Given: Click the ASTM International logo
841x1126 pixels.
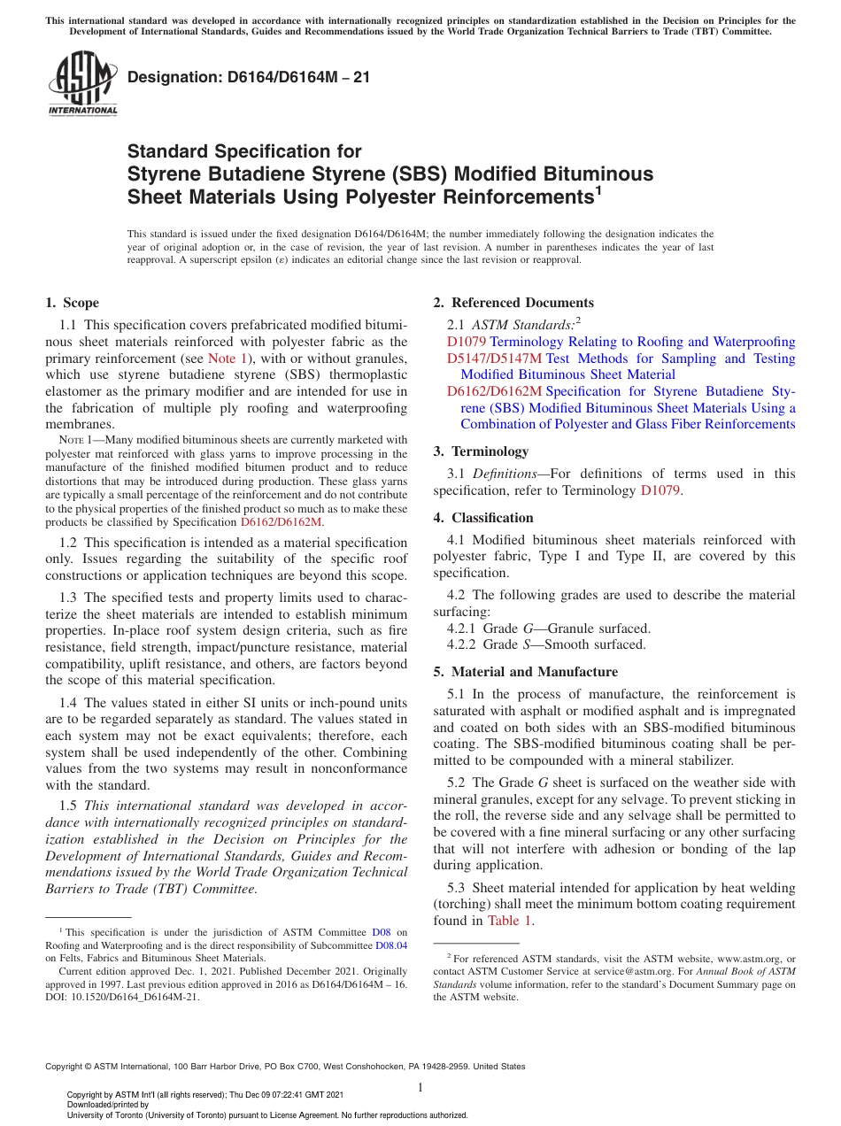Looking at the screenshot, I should click(x=82, y=85).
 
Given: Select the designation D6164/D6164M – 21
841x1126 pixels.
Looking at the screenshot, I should click(x=249, y=78).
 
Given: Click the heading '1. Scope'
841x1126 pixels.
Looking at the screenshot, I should click(x=72, y=303).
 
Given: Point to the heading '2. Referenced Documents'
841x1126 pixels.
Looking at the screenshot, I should click(x=513, y=303).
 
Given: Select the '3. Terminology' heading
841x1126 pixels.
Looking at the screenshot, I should click(x=481, y=451).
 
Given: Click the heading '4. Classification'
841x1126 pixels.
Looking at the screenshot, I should click(x=483, y=518).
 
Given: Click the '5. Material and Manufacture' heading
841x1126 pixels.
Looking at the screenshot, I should click(x=526, y=672).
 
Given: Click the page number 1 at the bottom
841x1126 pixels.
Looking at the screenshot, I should click(x=420, y=1088).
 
